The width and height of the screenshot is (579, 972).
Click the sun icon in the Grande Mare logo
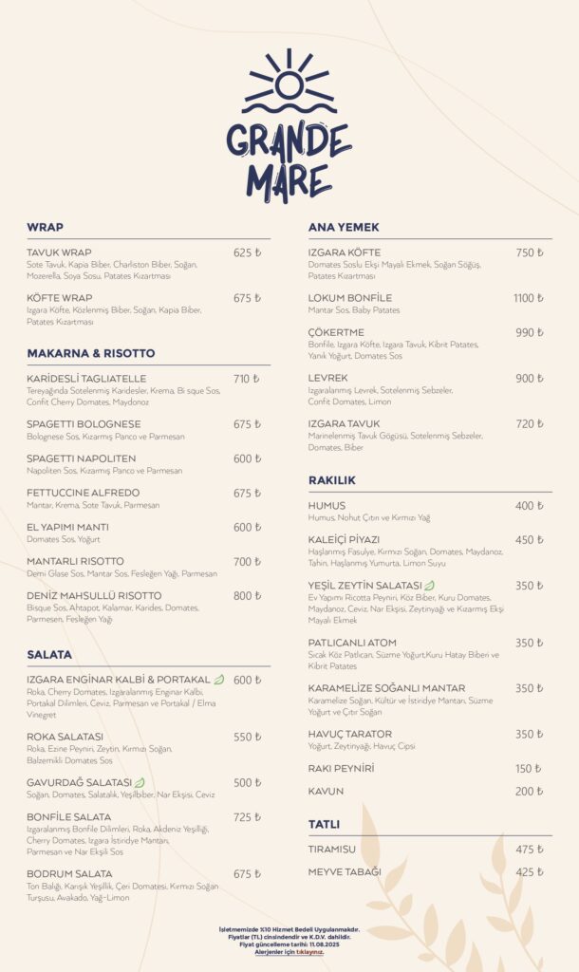(x=289, y=84)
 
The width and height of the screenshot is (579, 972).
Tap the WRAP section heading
(x=45, y=228)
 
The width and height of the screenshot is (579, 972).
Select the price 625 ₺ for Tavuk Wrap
(x=247, y=253)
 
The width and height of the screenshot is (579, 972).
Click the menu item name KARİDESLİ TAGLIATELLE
(x=86, y=379)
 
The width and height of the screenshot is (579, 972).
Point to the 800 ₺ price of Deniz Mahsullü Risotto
(x=247, y=596)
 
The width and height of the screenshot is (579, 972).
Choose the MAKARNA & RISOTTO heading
(x=90, y=353)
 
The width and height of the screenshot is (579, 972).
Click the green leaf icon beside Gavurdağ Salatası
(x=140, y=783)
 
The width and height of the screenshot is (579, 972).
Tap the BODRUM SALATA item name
(x=69, y=874)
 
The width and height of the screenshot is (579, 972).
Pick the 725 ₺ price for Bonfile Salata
(x=247, y=817)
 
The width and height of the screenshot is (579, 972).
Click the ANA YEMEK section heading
(x=344, y=228)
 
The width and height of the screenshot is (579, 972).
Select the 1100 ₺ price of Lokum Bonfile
(x=529, y=298)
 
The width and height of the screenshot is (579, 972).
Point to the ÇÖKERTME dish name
(x=336, y=333)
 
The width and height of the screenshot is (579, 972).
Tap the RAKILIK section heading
(x=332, y=480)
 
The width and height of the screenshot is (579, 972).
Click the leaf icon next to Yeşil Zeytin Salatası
(x=429, y=586)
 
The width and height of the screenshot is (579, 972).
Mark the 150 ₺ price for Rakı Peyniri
(x=529, y=769)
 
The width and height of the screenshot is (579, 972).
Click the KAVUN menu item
(x=326, y=792)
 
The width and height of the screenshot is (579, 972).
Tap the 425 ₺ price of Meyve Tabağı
(x=529, y=872)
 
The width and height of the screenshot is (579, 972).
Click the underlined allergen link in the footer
(x=289, y=952)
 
